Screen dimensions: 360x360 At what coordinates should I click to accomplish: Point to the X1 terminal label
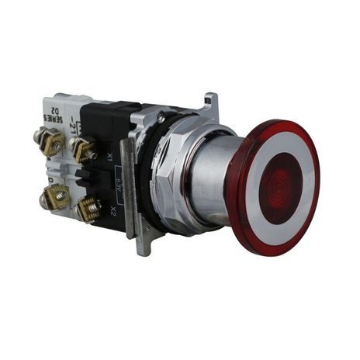pos(110,155)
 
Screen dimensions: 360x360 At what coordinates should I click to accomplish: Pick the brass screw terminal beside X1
pos(85,147)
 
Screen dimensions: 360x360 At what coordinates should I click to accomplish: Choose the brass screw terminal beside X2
pos(88,207)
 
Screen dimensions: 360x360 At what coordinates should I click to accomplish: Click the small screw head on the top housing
pos(161,116)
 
